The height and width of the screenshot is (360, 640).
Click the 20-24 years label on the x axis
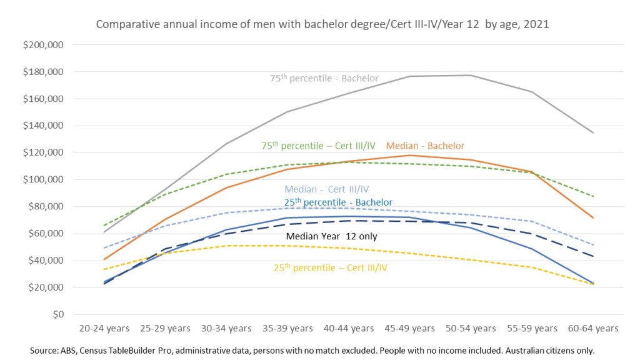[x=105, y=328]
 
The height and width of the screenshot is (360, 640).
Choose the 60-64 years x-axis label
[x=593, y=328]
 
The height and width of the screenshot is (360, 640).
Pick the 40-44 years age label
[x=349, y=328]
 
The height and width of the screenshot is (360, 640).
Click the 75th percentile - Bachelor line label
[x=324, y=79]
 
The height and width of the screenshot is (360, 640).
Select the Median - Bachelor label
[x=425, y=146]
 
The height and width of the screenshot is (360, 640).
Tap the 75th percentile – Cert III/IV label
[x=318, y=146]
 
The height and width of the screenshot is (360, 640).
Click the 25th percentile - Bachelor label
[x=338, y=202]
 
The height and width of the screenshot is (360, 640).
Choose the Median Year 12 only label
[x=331, y=236]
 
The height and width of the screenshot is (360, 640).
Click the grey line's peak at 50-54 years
[x=471, y=76]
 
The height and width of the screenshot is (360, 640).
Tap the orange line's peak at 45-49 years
[x=409, y=155]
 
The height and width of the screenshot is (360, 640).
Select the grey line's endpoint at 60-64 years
[x=593, y=132]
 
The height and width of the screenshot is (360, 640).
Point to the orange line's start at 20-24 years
[x=105, y=259]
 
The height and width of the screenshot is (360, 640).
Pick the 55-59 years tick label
[x=532, y=328]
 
